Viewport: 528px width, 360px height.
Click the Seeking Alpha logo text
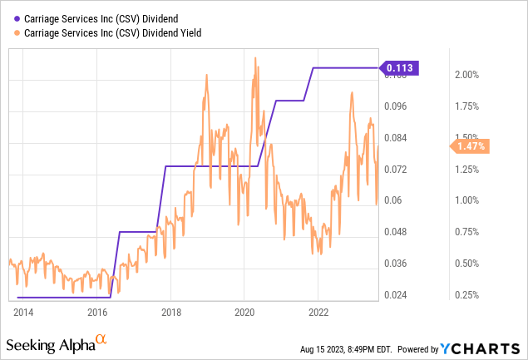(x=50, y=344)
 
